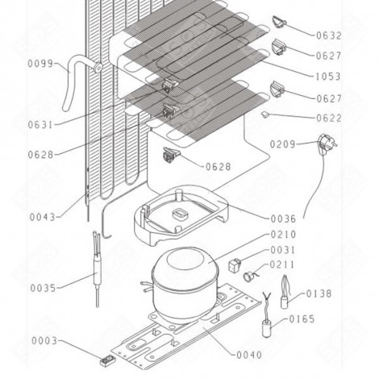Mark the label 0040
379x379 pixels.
[x=252, y=354]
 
